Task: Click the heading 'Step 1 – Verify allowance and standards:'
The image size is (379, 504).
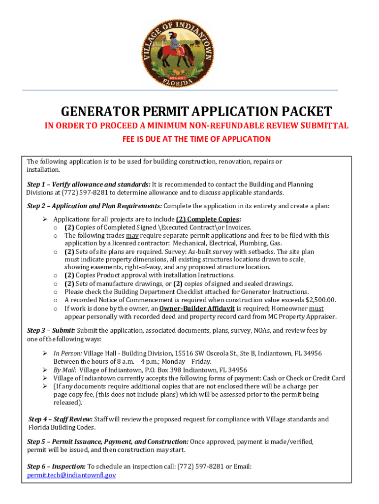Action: point(89,185)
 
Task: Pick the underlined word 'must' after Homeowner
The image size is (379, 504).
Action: point(316,309)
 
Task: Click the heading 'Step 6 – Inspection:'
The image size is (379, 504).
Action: point(57,467)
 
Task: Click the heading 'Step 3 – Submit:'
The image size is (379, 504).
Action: point(51,331)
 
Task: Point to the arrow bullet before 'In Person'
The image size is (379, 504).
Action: point(45,354)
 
